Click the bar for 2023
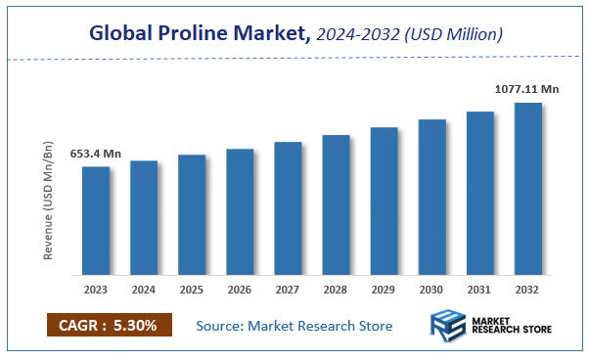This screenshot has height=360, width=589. [96, 220]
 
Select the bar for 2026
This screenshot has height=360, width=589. [240, 211]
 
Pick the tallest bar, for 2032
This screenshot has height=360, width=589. [527, 188]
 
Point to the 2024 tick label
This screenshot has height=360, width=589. [144, 290]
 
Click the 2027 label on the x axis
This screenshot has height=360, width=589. [288, 290]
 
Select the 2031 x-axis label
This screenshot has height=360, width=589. [479, 290]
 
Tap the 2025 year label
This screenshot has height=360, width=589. [192, 290]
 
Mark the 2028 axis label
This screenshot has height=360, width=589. [336, 290]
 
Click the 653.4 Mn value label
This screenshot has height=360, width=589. [95, 154]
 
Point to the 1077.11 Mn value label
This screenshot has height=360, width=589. [526, 89]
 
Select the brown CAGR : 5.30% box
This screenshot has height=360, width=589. [109, 325]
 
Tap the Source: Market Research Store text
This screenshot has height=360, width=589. [294, 326]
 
